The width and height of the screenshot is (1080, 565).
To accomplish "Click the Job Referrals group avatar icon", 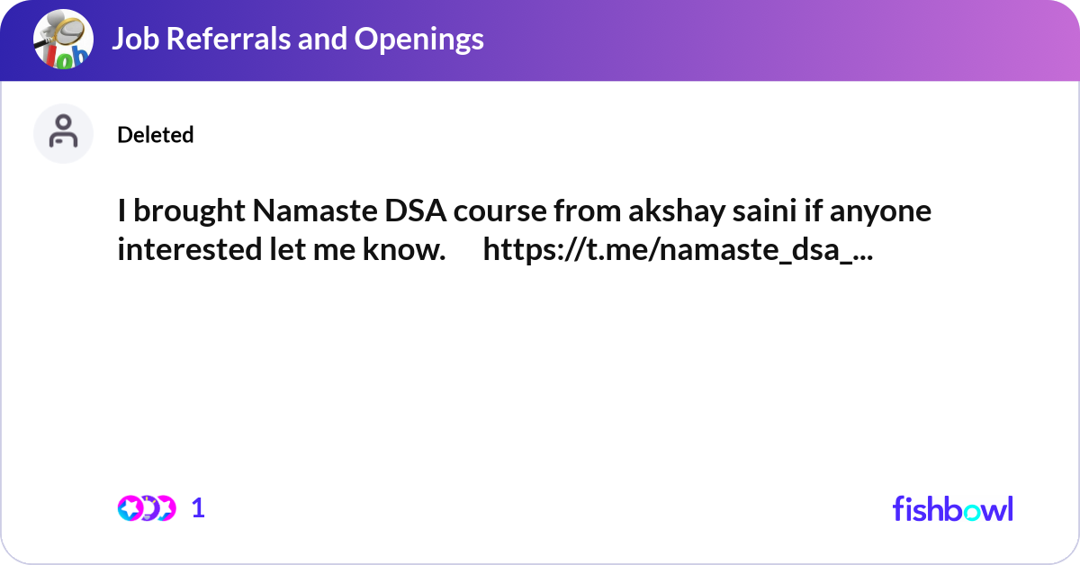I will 63,40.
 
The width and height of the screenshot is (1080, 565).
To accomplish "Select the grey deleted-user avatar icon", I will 63,133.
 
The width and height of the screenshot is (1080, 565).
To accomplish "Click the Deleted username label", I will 156,135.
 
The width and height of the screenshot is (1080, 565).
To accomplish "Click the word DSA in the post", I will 418,212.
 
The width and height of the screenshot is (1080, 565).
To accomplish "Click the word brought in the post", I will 189,212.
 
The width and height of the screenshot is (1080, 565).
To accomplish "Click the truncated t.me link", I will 677,250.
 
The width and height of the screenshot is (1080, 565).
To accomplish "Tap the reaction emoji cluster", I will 147,508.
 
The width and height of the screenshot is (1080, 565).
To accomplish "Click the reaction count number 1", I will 199,508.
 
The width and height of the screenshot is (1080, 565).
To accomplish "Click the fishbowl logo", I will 952,508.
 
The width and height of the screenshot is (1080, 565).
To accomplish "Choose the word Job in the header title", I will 133,40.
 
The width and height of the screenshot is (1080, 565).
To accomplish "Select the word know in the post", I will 406,250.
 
